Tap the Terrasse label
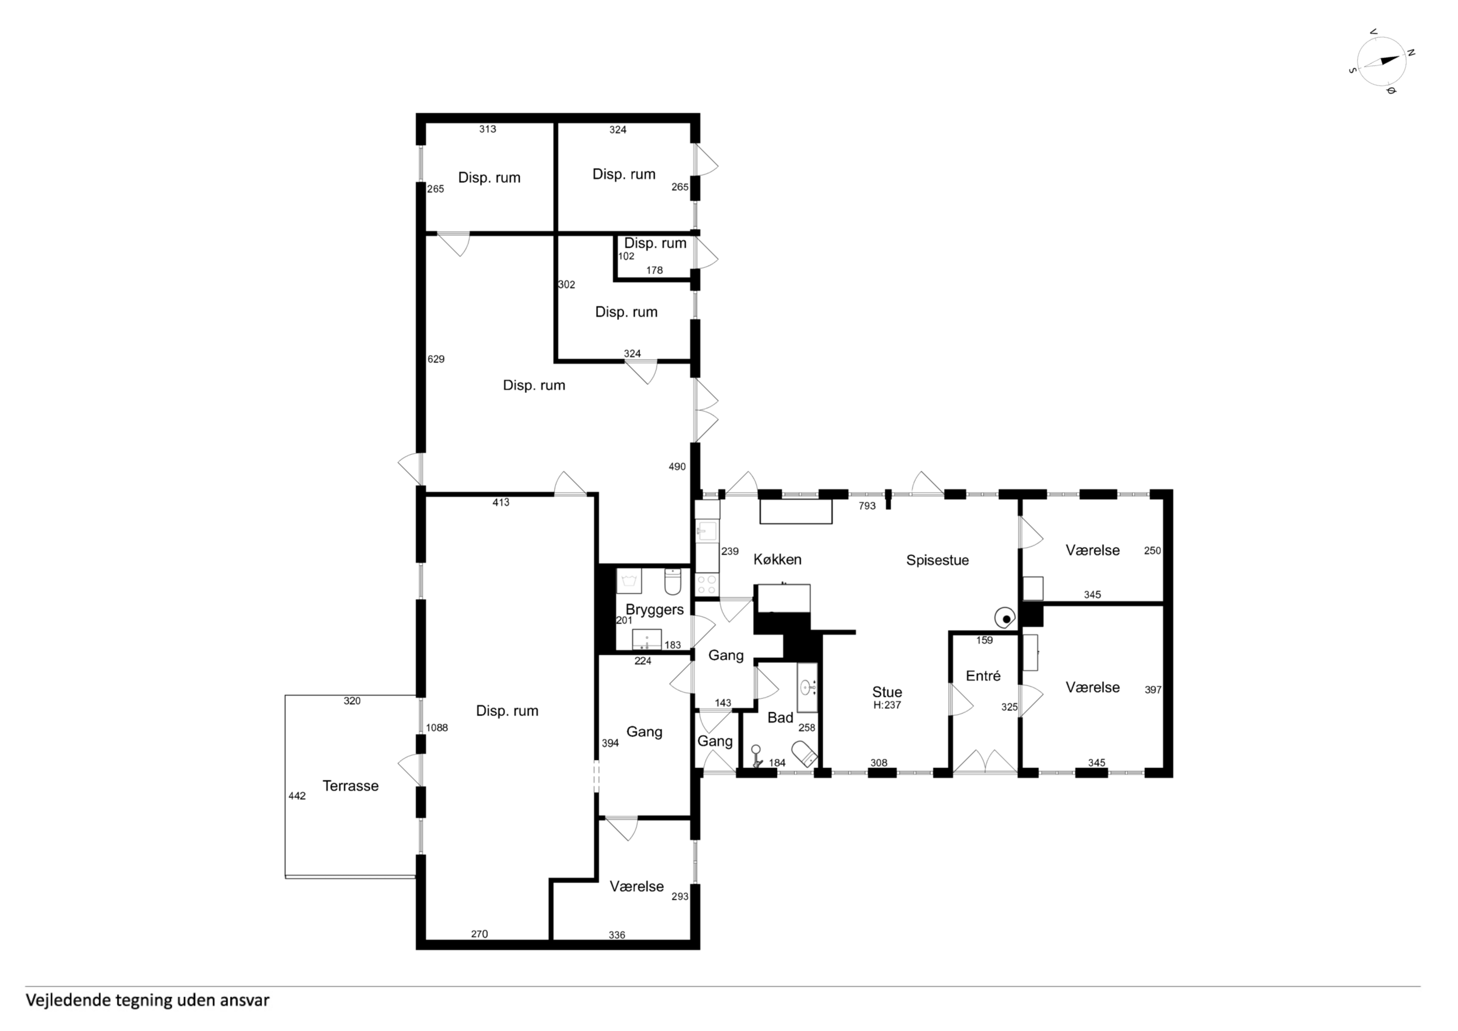click(x=350, y=786)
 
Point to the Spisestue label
click(x=937, y=560)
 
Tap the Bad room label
click(x=780, y=718)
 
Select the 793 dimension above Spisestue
click(x=867, y=506)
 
